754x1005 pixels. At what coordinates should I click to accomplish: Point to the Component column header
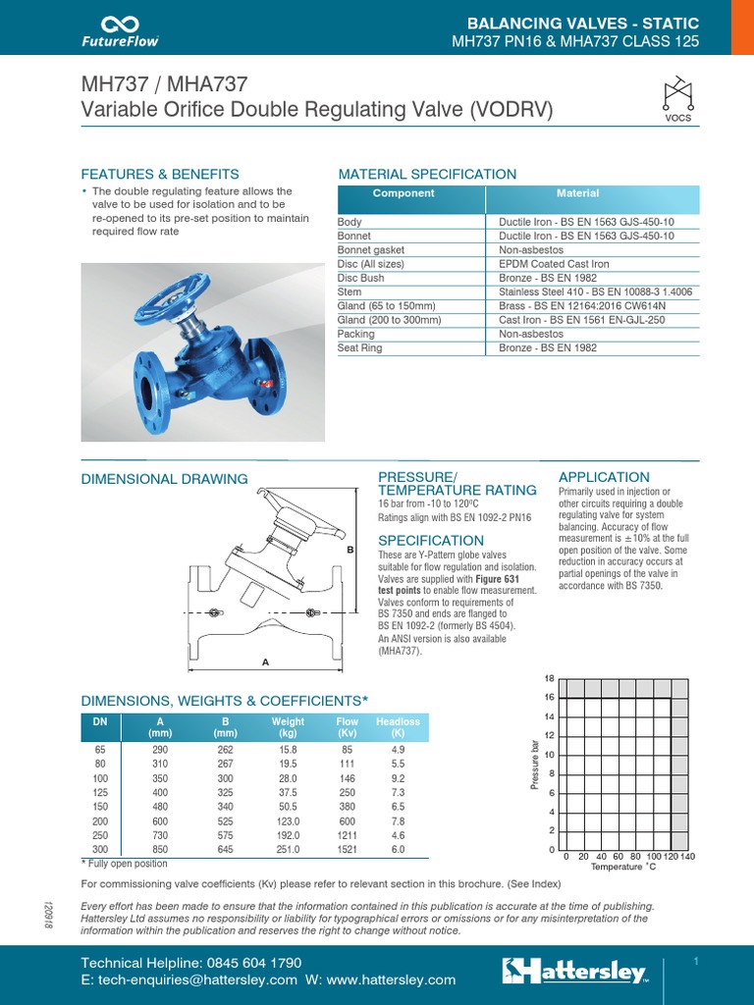coord(404,194)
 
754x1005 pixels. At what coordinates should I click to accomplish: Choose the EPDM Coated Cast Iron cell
coord(554,264)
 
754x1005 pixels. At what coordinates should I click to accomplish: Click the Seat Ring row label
coord(360,348)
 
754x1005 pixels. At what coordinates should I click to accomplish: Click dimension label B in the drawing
coord(349,551)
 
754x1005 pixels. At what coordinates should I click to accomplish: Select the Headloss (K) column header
coord(398,727)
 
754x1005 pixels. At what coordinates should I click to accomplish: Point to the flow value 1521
coord(348,850)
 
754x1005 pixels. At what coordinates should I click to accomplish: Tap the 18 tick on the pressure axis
coord(550,679)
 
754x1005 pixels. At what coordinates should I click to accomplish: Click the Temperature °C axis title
coord(622,868)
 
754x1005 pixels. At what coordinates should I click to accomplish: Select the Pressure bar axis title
coord(536,765)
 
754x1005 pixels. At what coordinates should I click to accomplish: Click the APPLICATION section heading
coord(603,477)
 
